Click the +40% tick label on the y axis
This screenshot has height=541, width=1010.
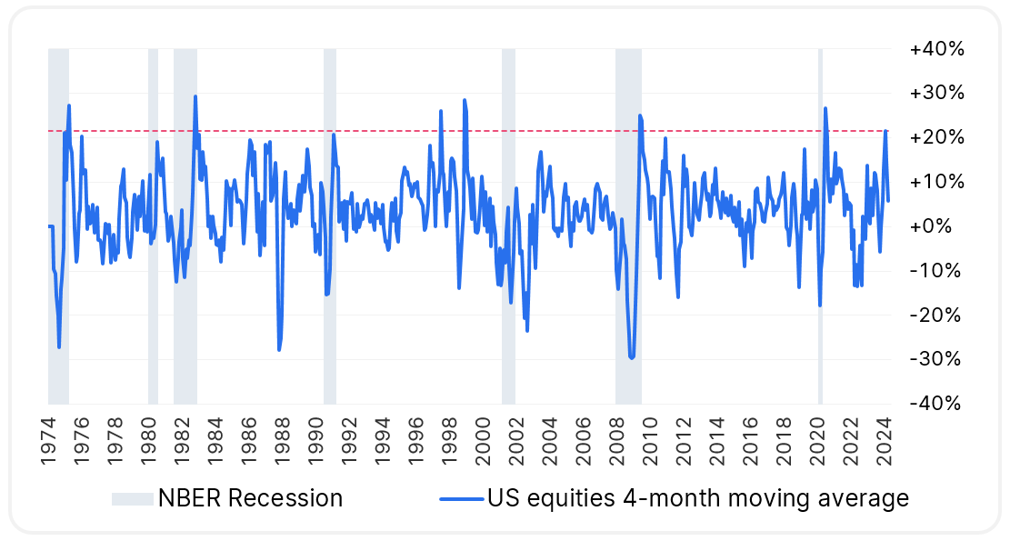(x=935, y=49)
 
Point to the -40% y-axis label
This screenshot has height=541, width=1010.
(x=936, y=404)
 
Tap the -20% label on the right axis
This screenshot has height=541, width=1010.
(x=936, y=316)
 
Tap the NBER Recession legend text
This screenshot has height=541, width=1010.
(x=250, y=498)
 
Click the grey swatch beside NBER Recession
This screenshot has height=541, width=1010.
(x=131, y=498)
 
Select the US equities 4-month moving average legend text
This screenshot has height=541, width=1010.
(x=697, y=498)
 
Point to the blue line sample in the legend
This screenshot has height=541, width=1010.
(x=461, y=498)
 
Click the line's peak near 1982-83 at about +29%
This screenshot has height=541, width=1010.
(x=195, y=96)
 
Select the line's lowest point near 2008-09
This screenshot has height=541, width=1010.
(x=632, y=358)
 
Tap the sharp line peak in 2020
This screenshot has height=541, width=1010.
(x=825, y=108)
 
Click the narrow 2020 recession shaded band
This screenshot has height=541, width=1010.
(x=820, y=273)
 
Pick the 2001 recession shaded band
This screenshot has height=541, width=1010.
(x=508, y=273)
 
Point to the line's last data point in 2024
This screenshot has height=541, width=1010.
(x=888, y=201)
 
